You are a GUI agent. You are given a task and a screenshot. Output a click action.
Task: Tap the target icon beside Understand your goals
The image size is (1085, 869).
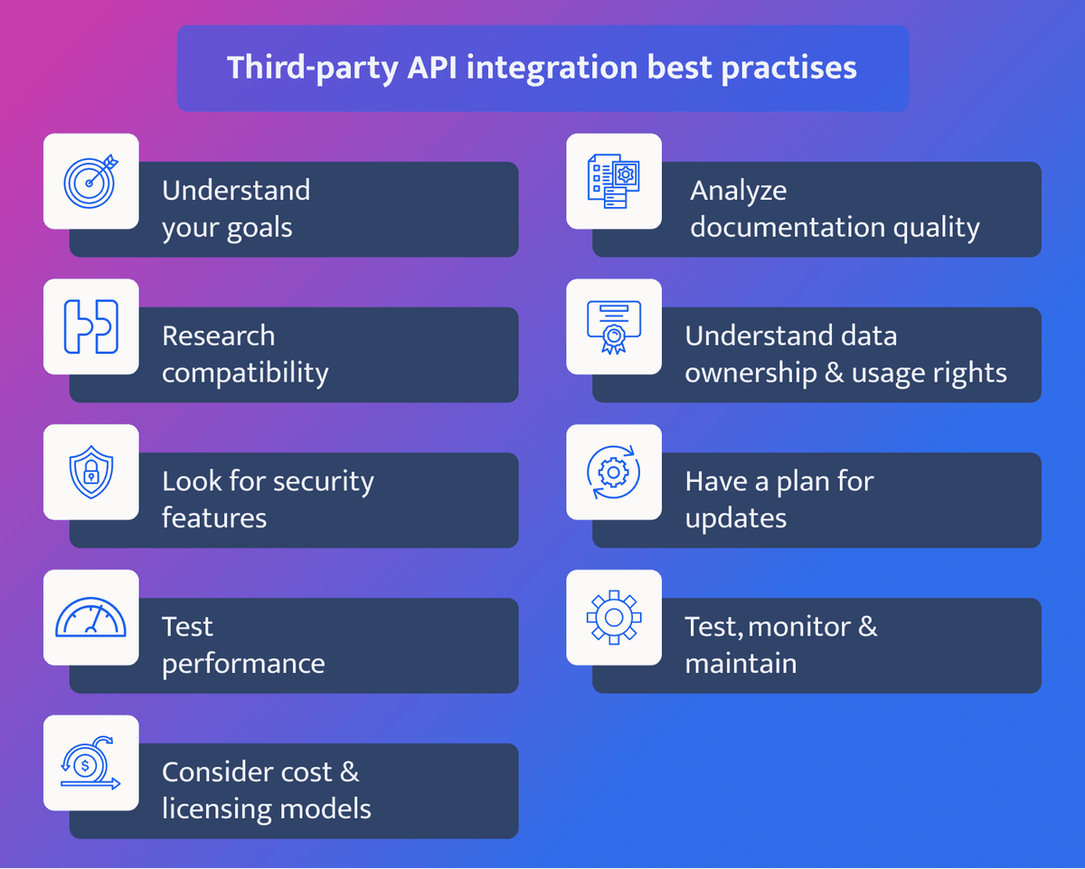pyautogui.click(x=90, y=181)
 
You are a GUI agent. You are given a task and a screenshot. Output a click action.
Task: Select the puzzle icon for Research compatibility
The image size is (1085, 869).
pyautogui.click(x=90, y=326)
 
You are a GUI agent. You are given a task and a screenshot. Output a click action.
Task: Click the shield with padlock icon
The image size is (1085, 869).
pyautogui.click(x=90, y=472)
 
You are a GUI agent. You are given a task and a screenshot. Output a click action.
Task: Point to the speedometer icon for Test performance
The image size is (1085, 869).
pyautogui.click(x=90, y=618)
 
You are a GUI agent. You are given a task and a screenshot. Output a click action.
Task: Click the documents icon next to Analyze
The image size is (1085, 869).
pyautogui.click(x=614, y=181)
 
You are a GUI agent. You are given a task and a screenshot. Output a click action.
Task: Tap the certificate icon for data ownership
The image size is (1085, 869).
pyautogui.click(x=614, y=326)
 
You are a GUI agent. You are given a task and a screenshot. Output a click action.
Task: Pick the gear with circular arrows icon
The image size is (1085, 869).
pyautogui.click(x=614, y=472)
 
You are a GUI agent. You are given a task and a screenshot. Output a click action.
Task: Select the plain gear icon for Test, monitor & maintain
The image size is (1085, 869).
pyautogui.click(x=614, y=618)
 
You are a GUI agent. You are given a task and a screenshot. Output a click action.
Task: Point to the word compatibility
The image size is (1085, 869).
pyautogui.click(x=245, y=373)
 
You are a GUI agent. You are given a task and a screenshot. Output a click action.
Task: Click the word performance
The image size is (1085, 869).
pyautogui.click(x=243, y=664)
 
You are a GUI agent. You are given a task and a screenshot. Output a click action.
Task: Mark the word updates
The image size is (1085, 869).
pyautogui.click(x=736, y=519)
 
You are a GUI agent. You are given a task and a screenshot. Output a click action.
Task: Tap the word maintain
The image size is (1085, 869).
pyautogui.click(x=741, y=664)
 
